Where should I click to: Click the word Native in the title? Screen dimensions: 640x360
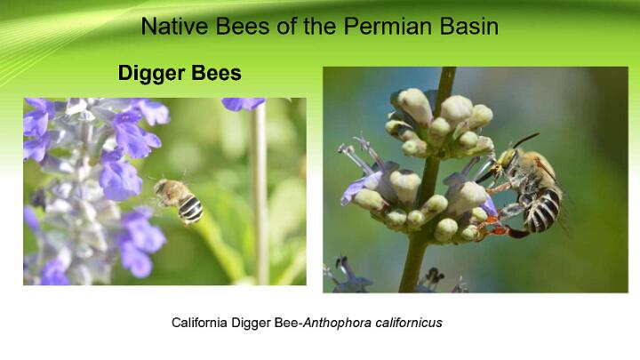175,26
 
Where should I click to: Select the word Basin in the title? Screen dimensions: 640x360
469,26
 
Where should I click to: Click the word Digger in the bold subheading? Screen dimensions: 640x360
151,74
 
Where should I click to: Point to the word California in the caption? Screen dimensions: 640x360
199,323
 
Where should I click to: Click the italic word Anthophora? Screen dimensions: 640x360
337,323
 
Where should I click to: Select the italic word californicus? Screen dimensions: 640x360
409,323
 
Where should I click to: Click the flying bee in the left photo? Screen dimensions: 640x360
179,201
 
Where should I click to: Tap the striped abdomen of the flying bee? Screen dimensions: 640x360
190,208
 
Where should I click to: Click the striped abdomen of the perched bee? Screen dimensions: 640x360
542,209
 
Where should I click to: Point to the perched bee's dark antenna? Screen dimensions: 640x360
525,140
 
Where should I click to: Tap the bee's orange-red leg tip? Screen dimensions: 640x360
496,229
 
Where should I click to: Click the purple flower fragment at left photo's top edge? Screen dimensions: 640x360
243,104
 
